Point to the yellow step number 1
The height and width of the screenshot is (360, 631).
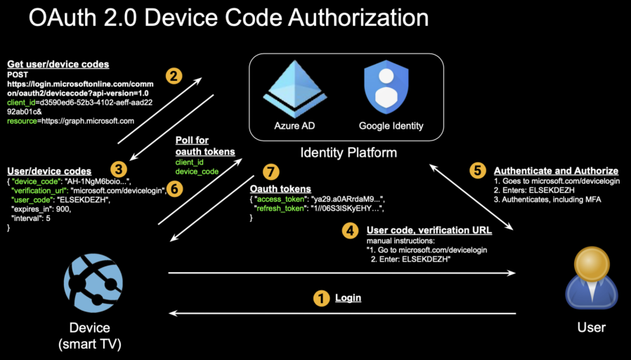(321, 298)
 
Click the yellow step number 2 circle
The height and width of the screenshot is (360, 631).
(174, 75)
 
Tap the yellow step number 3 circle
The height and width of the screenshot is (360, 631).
(119, 169)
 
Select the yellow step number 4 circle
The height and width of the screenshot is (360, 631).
(349, 230)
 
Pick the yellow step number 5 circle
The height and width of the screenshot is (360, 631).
(477, 170)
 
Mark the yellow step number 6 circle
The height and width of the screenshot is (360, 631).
(176, 188)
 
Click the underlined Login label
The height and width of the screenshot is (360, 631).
(348, 298)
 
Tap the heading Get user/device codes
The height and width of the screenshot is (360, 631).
(58, 64)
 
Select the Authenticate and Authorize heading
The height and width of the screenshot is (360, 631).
(556, 171)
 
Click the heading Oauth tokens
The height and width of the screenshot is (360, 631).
(281, 188)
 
